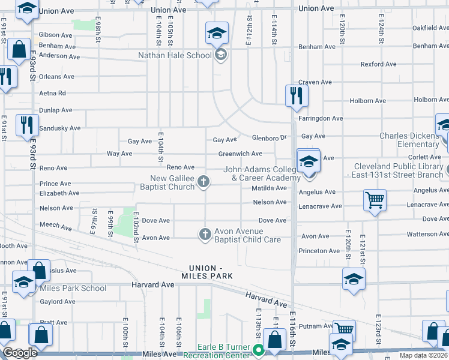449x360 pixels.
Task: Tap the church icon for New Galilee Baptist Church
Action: click(x=204, y=181)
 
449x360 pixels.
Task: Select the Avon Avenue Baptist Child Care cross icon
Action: click(x=205, y=234)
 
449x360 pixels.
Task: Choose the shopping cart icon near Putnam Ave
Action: click(x=345, y=329)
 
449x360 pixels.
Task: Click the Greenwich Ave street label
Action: click(x=240, y=154)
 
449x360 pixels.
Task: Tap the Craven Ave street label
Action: click(x=315, y=82)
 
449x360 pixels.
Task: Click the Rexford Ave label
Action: click(x=378, y=64)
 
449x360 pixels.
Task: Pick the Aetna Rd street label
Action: click(x=52, y=94)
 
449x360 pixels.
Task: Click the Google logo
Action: click(x=20, y=353)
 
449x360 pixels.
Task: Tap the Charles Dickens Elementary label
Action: click(x=409, y=140)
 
